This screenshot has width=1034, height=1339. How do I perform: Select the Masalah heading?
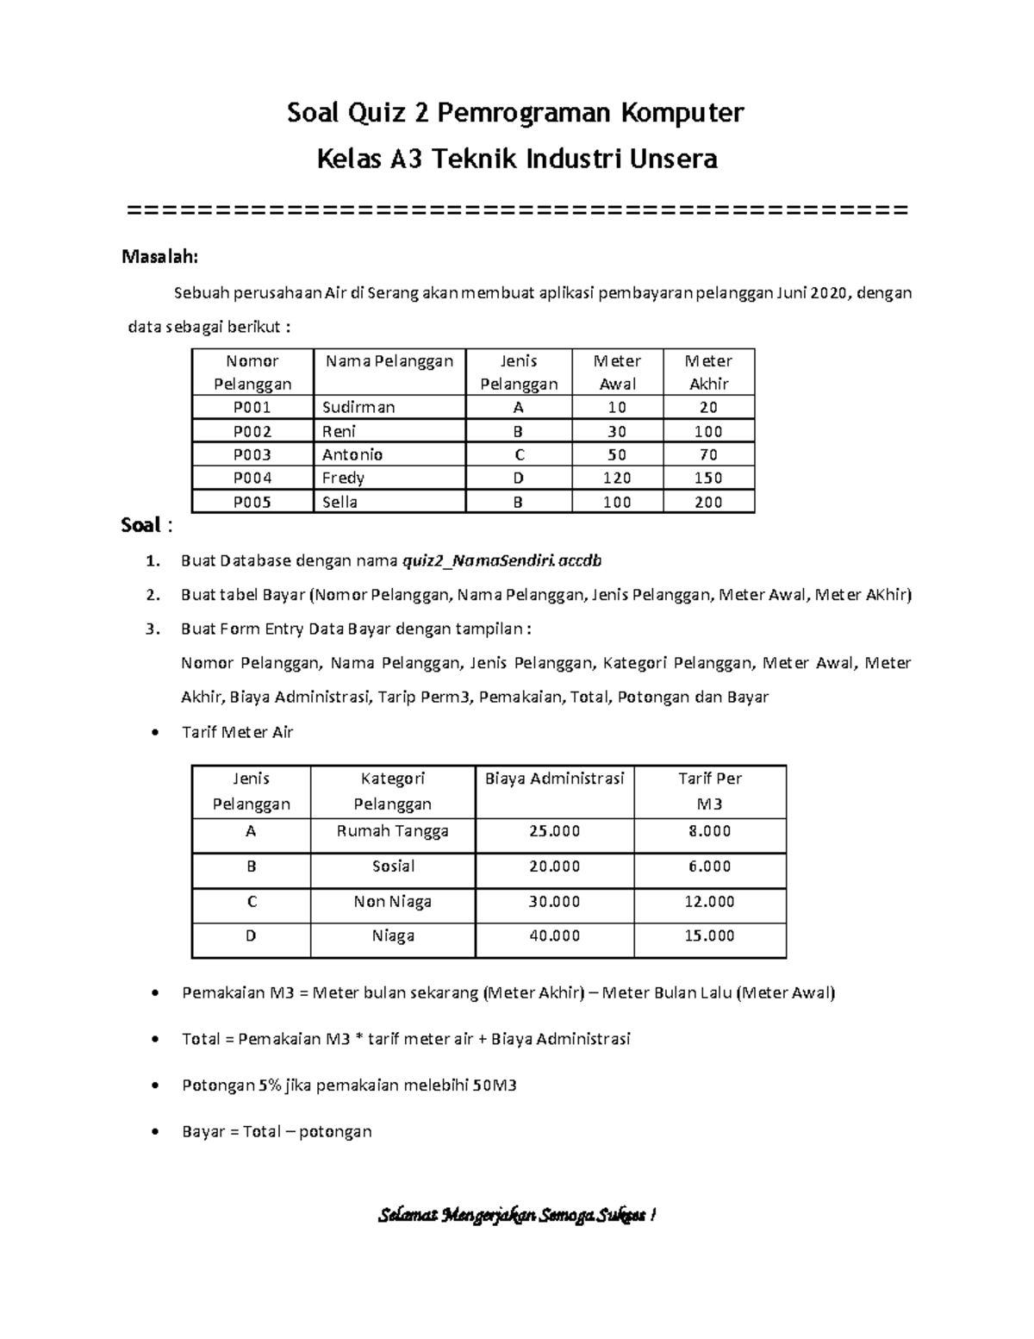pyautogui.click(x=160, y=256)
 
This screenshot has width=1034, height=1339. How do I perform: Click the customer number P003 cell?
pyautogui.click(x=252, y=454)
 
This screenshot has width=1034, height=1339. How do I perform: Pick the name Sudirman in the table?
pyautogui.click(x=358, y=407)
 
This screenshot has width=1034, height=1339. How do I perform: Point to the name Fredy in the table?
pyautogui.click(x=343, y=478)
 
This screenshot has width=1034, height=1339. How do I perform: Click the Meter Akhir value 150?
pyautogui.click(x=708, y=478)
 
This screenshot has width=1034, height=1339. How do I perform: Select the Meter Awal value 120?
pyautogui.click(x=617, y=478)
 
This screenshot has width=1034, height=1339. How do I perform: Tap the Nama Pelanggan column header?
pyautogui.click(x=389, y=361)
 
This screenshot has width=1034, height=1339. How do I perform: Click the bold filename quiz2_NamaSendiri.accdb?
pyautogui.click(x=501, y=561)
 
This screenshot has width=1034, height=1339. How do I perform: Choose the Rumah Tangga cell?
pyautogui.click(x=393, y=831)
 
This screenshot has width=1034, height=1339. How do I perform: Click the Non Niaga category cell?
pyautogui.click(x=393, y=902)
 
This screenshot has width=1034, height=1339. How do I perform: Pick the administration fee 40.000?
pyautogui.click(x=554, y=935)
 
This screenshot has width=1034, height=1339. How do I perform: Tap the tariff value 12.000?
pyautogui.click(x=709, y=902)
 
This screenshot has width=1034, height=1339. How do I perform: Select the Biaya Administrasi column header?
pyautogui.click(x=554, y=779)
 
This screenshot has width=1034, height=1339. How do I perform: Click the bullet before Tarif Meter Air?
pyautogui.click(x=155, y=733)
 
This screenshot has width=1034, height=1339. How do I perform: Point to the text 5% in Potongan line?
pyautogui.click(x=269, y=1086)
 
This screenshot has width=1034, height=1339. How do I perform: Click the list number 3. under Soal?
pyautogui.click(x=153, y=629)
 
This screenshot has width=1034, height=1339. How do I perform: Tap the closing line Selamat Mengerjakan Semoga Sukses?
pyautogui.click(x=518, y=1216)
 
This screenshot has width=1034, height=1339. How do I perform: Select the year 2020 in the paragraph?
pyautogui.click(x=828, y=293)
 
